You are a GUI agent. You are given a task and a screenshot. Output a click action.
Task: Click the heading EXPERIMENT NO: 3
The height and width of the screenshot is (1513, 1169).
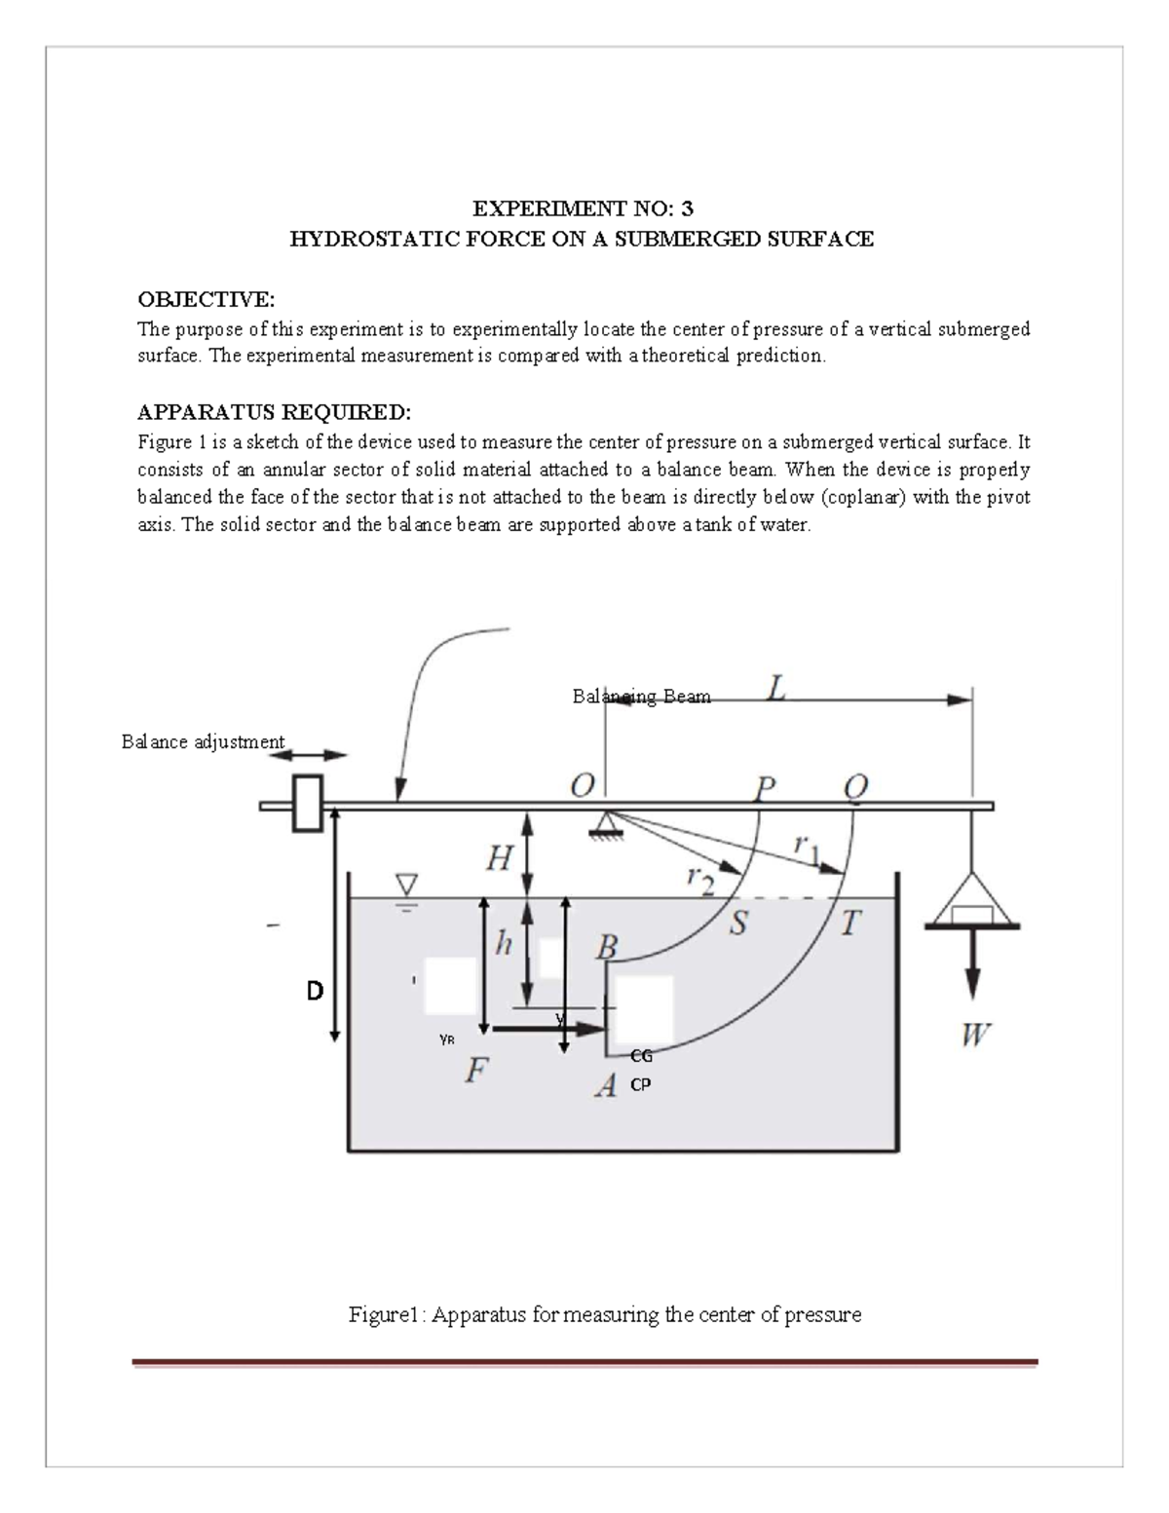point(583,208)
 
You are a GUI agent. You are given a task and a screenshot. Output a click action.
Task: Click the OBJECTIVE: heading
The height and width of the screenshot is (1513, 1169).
point(206,297)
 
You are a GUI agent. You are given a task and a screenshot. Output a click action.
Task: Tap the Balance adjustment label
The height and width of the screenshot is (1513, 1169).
point(203,742)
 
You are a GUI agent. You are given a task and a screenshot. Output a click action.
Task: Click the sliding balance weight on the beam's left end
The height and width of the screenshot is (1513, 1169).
point(307,803)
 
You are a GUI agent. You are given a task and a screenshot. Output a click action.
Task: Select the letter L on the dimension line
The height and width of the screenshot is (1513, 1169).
point(776,691)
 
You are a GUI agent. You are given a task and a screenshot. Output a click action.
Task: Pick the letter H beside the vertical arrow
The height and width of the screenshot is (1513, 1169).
point(498,859)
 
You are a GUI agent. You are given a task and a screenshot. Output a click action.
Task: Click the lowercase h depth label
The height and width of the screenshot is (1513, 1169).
point(503,943)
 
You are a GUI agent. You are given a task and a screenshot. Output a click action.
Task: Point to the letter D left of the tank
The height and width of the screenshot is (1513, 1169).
point(314,992)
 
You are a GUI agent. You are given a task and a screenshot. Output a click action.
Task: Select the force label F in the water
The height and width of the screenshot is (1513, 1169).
point(474,1071)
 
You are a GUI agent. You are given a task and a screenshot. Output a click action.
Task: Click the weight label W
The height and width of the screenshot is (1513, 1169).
point(974,1035)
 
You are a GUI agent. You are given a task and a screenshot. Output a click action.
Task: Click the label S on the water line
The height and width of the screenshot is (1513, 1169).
point(738,923)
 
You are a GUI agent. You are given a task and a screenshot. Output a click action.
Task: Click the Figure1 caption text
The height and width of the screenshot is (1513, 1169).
point(605,1314)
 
